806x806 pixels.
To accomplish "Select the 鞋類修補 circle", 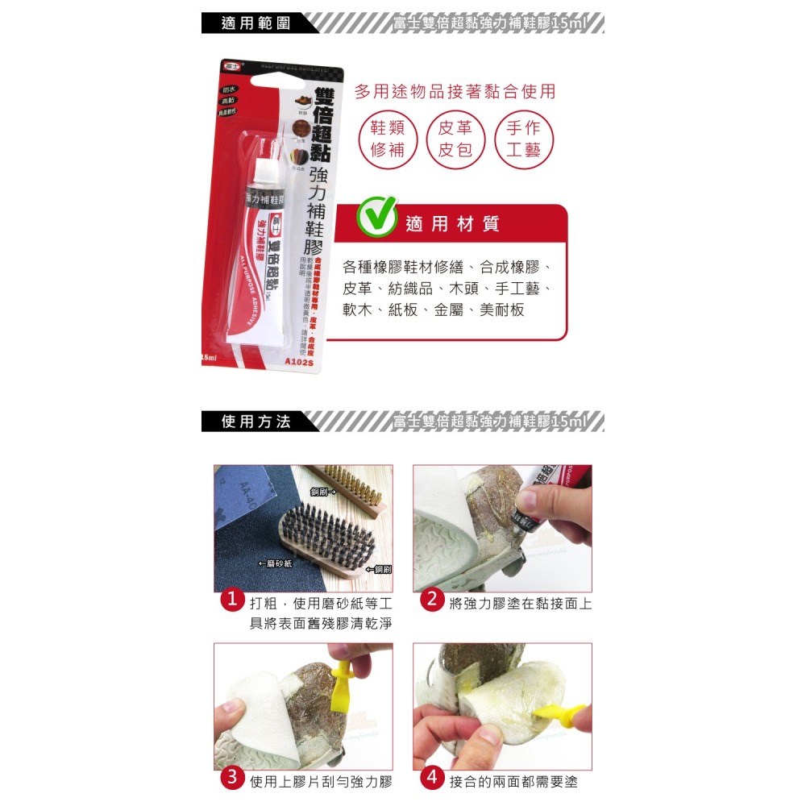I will click(x=387, y=139).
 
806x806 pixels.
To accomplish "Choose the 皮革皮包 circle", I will click(x=455, y=139).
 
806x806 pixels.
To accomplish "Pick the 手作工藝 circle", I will click(x=523, y=139).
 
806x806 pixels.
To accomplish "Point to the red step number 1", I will click(x=232, y=600).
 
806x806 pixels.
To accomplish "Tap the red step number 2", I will click(x=431, y=600).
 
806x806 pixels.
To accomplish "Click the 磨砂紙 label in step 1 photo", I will click(x=276, y=563).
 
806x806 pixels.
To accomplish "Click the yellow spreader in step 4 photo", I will click(x=560, y=712).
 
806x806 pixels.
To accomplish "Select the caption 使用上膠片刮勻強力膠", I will click(x=320, y=781).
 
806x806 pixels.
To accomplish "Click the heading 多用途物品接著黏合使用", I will click(x=455, y=91).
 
